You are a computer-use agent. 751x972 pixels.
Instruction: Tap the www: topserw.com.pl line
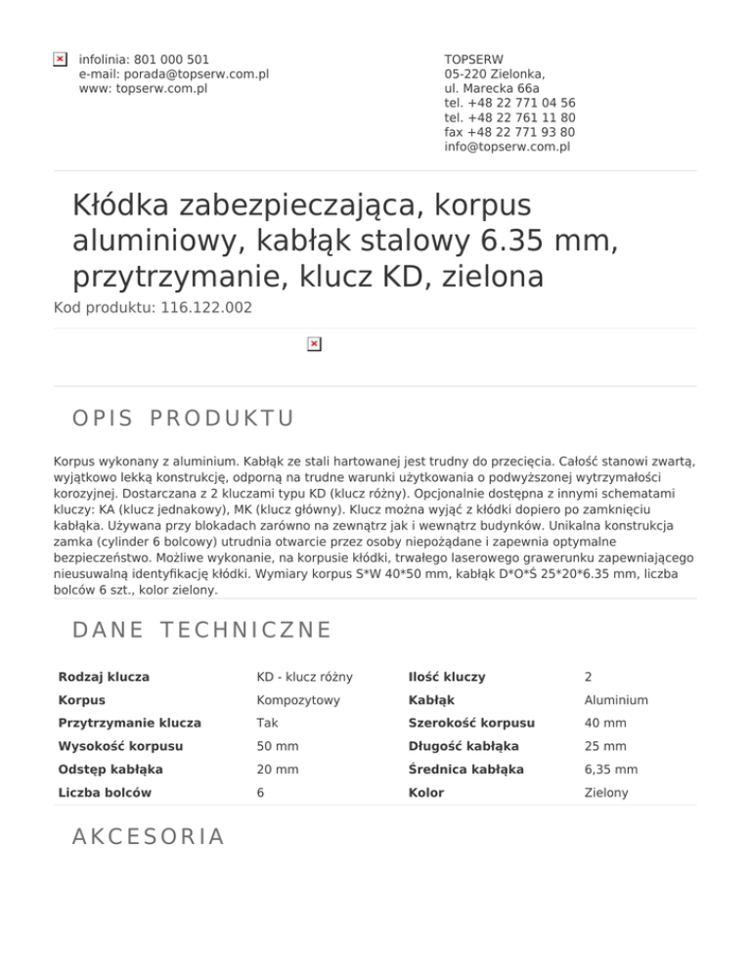pos(143,89)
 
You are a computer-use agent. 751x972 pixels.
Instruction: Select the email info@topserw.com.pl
pos(507,148)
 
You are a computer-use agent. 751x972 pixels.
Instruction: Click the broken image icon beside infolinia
pos(60,60)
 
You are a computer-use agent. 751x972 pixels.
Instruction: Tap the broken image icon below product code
pos(313,344)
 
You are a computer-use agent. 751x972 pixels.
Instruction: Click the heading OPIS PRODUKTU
pos(183,419)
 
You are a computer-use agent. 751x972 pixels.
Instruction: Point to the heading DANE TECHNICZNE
pos(201,631)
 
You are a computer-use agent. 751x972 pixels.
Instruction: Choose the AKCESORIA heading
pos(149,836)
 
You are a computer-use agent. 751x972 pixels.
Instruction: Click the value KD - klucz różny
pos(304,678)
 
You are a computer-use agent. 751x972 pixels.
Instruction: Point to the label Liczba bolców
pos(105,792)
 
